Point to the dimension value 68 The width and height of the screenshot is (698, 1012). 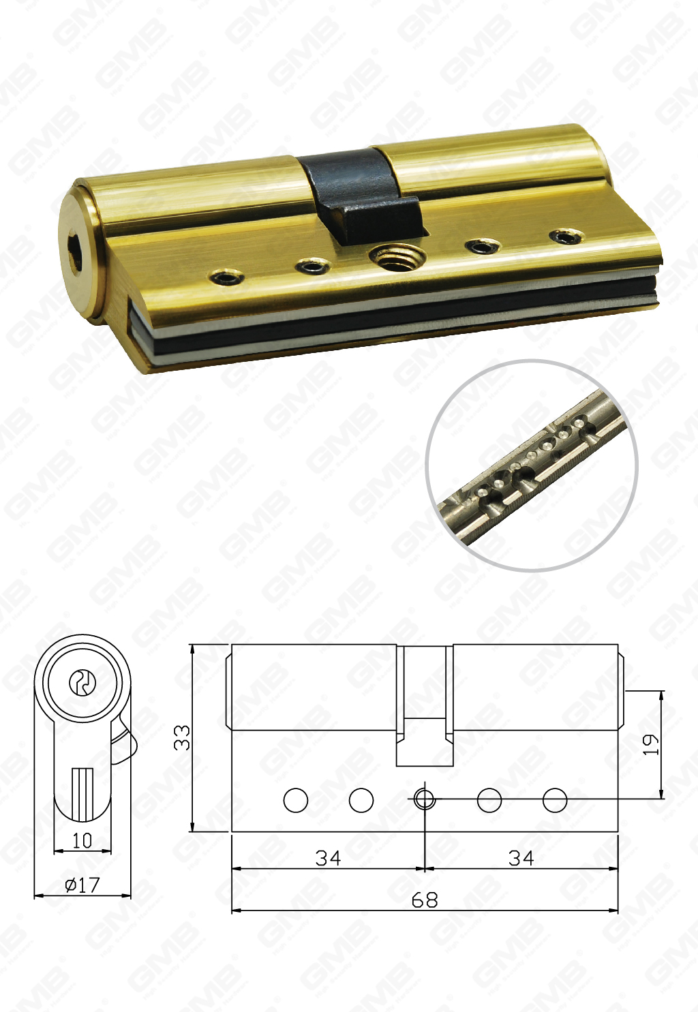(x=424, y=900)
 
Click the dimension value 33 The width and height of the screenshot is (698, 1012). (x=182, y=737)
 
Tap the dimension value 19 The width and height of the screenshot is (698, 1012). (x=652, y=743)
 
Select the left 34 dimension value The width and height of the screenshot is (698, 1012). (x=328, y=857)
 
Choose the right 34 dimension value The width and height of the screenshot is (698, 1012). (x=521, y=857)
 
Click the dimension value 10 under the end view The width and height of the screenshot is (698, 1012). (x=82, y=840)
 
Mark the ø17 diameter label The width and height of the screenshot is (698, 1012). (x=82, y=885)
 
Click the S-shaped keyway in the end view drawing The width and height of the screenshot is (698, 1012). (x=82, y=682)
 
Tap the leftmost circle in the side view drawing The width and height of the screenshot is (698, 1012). (x=296, y=800)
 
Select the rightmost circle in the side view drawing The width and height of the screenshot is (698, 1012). (x=555, y=800)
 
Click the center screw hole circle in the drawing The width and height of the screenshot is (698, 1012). (x=424, y=799)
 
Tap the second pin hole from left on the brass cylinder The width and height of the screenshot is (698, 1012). (x=313, y=265)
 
